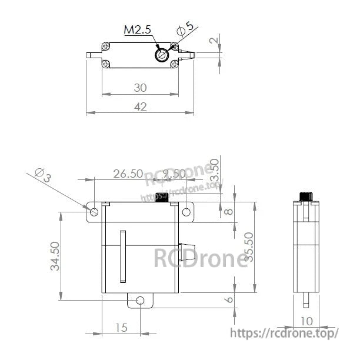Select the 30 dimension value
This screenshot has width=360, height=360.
point(140,88)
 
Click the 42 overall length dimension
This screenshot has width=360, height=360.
point(140,106)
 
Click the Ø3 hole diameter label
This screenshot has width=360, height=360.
point(44,175)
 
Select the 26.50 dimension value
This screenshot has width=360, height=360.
point(128,174)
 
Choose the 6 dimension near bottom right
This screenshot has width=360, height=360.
point(229,300)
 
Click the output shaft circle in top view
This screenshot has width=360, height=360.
point(161,55)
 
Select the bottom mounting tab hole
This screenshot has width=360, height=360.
point(140,301)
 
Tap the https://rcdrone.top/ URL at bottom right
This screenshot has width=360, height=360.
point(284,333)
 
